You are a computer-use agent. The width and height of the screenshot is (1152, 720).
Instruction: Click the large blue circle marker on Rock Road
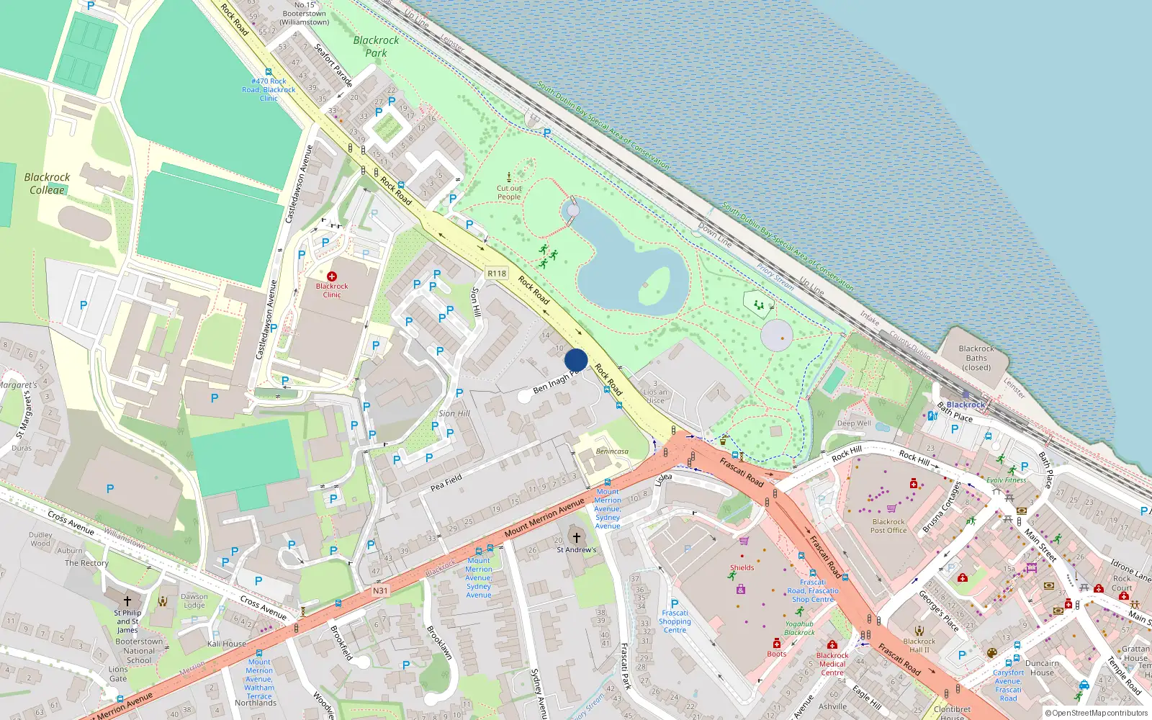[576, 360]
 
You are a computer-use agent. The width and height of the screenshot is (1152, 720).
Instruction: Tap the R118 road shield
[497, 274]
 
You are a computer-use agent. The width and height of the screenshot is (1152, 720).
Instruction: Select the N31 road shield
[380, 590]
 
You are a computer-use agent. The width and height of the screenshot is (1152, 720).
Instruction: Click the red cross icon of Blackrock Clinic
[332, 276]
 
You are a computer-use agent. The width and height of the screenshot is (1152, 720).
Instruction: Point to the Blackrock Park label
[376, 46]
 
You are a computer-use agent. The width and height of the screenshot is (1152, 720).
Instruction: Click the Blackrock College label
[47, 184]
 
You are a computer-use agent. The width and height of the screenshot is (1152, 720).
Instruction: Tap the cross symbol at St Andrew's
[576, 537]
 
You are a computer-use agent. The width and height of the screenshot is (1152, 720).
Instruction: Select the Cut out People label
[509, 192]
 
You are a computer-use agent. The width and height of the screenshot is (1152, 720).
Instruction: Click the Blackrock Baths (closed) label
[976, 358]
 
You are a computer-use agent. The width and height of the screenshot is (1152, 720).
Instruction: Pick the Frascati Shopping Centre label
[675, 621]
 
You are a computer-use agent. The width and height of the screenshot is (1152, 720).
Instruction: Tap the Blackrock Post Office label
[888, 526]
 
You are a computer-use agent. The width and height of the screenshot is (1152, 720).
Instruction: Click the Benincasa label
[612, 451]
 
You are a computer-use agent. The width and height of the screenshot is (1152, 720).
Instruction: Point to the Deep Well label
[854, 423]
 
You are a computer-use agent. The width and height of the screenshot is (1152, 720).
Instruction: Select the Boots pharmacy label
[777, 654]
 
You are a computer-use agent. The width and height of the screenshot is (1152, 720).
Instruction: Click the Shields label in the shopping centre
[742, 567]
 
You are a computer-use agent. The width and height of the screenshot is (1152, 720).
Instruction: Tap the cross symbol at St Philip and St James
[127, 600]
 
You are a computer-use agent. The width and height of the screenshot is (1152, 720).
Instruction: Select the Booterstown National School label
[139, 650]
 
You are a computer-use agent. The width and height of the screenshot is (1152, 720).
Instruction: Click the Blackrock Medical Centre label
[832, 664]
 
